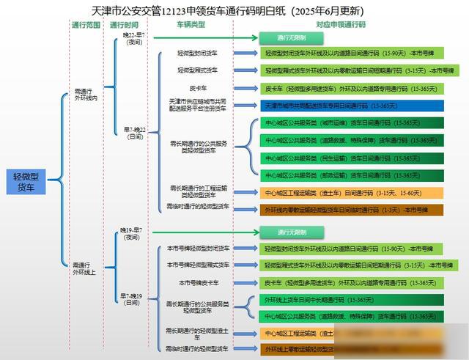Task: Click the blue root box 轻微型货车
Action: [x=26, y=183]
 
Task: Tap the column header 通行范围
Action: [x=87, y=24]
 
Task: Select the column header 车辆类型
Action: [x=191, y=24]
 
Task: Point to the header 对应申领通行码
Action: [x=340, y=24]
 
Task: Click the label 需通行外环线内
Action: [x=86, y=96]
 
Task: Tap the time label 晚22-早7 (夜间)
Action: [x=133, y=38]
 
